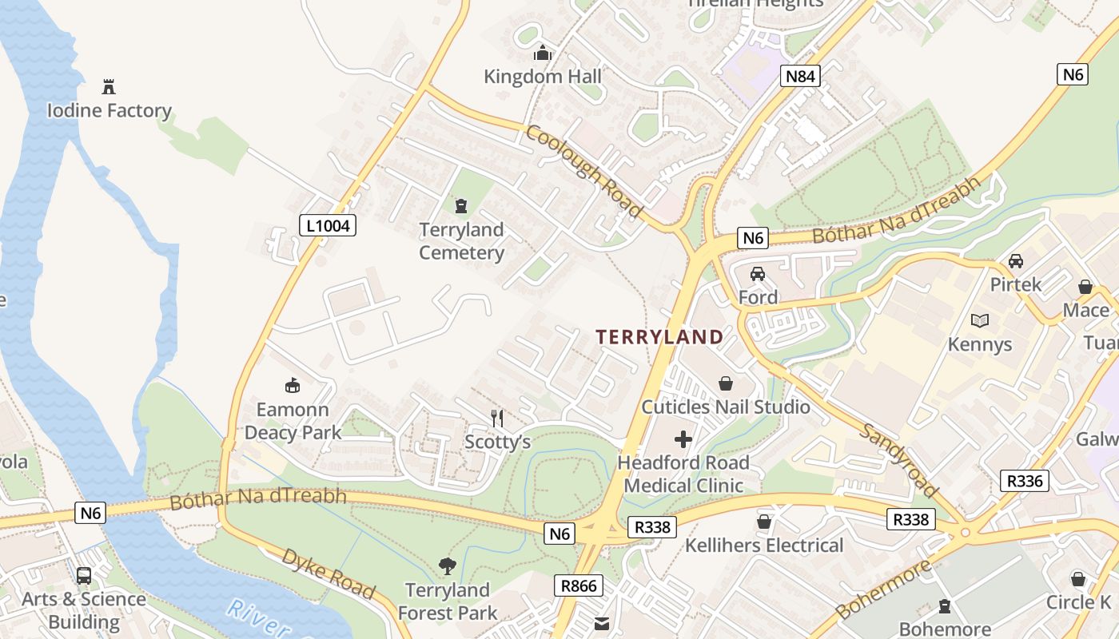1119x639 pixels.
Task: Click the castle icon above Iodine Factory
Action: pos(109,86)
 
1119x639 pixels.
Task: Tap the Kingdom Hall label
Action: pos(543,77)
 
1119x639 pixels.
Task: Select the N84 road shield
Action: pos(800,76)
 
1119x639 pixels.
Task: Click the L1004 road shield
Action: pos(328,226)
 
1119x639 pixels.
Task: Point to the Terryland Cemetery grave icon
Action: pos(461,207)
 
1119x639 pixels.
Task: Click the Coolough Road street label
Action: pos(584,170)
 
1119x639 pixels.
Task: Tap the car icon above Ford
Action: pos(758,274)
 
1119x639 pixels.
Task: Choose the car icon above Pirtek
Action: pos(1016,261)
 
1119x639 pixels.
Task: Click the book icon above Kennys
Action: pos(979,321)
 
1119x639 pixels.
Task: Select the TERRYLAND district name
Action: pos(659,337)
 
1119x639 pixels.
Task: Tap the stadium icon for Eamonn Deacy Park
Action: pos(293,386)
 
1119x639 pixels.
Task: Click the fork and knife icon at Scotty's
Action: pos(497,418)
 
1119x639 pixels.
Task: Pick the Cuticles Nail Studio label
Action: pos(726,407)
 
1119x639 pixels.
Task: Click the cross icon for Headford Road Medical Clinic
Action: pos(683,439)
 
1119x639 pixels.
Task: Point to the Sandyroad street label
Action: pos(899,459)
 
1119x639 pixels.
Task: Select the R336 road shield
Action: pos(1025,481)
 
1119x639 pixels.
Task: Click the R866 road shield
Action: pos(579,585)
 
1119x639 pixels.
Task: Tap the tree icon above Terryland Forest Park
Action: pos(448,566)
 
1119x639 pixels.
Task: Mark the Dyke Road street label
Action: pos(328,573)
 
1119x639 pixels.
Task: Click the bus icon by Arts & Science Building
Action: pos(84,576)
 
